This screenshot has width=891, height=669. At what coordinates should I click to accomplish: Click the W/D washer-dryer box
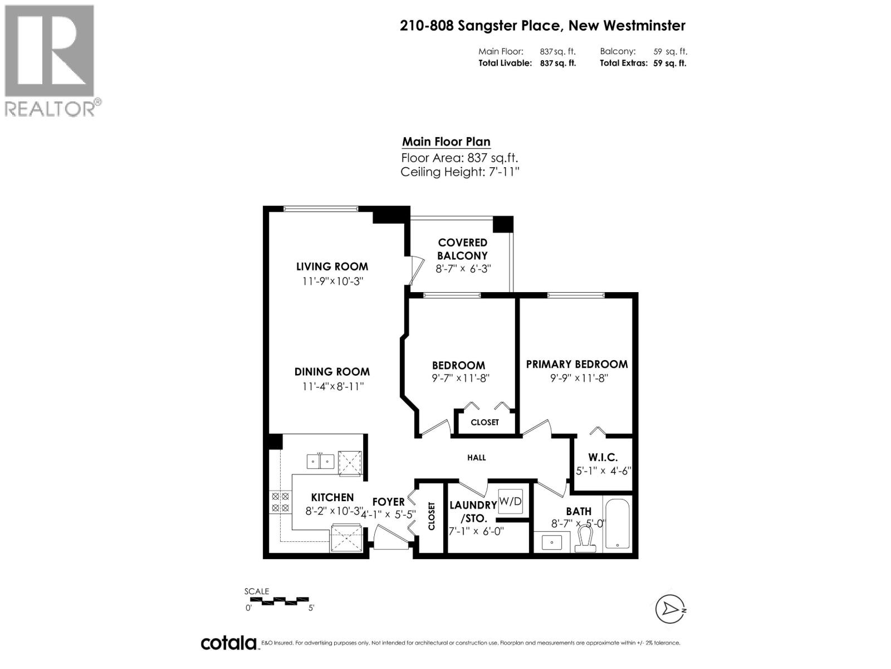click(511, 501)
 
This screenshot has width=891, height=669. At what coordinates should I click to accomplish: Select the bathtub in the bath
click(617, 523)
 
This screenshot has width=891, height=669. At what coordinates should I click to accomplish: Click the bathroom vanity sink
click(552, 541)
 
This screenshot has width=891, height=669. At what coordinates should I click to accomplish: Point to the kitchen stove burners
click(280, 502)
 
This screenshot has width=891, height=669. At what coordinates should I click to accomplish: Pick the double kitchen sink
click(320, 462)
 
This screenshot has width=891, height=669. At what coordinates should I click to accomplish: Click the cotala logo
click(228, 643)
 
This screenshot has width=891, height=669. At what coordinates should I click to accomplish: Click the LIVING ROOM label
click(332, 266)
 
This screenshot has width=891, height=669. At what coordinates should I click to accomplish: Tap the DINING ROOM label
click(332, 372)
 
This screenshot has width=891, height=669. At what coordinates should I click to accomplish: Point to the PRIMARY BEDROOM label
click(577, 364)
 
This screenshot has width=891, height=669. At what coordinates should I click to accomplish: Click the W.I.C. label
click(603, 457)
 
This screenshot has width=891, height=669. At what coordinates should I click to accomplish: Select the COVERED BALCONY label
click(462, 249)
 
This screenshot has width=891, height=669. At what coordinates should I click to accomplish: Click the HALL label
click(477, 458)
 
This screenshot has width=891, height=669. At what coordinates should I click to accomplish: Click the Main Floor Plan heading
click(446, 142)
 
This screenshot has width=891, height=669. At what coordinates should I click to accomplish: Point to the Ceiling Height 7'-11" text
click(459, 172)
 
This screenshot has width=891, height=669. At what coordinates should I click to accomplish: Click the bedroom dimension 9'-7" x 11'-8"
click(460, 378)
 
